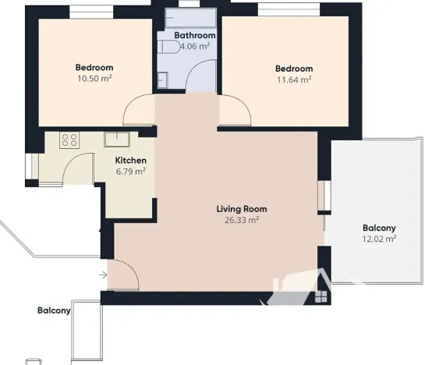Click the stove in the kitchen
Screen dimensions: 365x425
69,140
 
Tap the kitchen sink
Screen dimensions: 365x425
117,140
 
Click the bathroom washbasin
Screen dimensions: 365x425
162,79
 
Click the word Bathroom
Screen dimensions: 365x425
194,35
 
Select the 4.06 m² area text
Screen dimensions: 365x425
194,46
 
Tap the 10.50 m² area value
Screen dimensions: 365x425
94,79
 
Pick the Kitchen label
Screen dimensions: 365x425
130,161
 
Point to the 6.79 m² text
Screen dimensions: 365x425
130,172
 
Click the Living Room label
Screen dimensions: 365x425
241,209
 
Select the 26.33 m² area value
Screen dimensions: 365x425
241,220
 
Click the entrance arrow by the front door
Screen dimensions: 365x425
104,275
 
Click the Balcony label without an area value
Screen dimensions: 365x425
54,310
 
